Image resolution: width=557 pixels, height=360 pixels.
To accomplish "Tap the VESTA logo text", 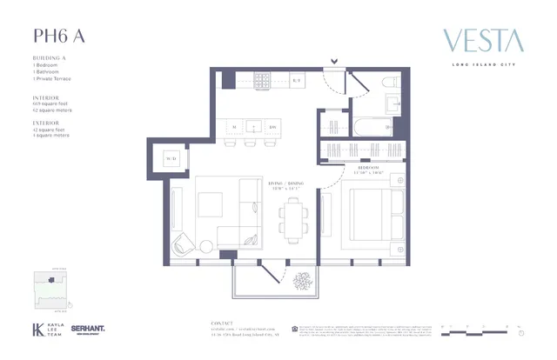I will [x=483, y=40].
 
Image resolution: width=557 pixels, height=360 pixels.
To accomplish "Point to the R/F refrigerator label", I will [x=296, y=80].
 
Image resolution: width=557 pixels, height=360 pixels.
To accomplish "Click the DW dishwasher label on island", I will [x=272, y=128].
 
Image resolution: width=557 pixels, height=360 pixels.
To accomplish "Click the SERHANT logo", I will [x=88, y=330].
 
